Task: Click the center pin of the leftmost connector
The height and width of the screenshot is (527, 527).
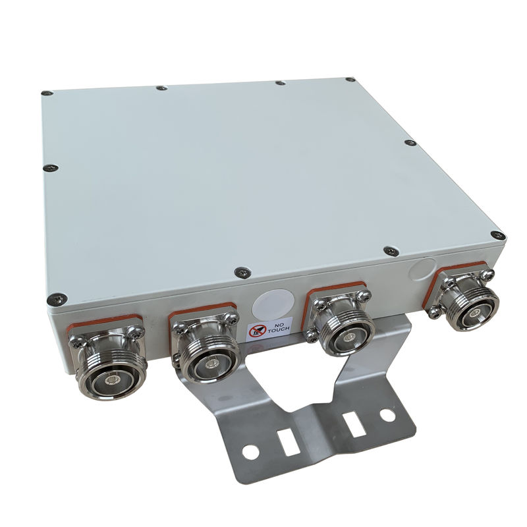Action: click(111, 381)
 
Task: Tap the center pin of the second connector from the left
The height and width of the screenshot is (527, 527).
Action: click(211, 364)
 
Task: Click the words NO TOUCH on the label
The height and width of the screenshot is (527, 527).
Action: click(277, 327)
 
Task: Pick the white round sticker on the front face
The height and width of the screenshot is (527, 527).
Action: click(273, 304)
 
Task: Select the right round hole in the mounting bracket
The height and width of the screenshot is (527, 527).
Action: click(387, 415)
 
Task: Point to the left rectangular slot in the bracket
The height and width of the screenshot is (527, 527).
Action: click(288, 443)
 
